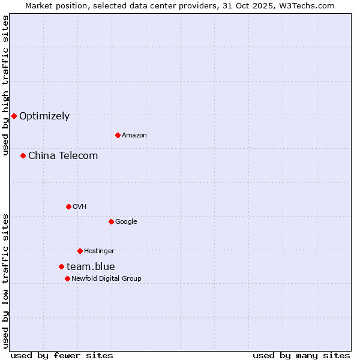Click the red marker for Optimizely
(14, 116)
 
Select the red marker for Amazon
(118, 135)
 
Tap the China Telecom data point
(23, 155)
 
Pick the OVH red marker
(68, 206)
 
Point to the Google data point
(111, 221)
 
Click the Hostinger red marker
(80, 251)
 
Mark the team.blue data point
(61, 266)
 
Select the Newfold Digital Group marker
(67, 278)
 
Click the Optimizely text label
(44, 116)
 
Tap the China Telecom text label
(63, 156)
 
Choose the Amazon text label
(134, 136)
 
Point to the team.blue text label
(91, 267)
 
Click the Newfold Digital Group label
(106, 278)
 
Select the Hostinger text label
(99, 251)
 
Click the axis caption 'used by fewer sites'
(62, 355)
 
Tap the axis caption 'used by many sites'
(301, 355)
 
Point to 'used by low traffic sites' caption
(6, 280)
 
